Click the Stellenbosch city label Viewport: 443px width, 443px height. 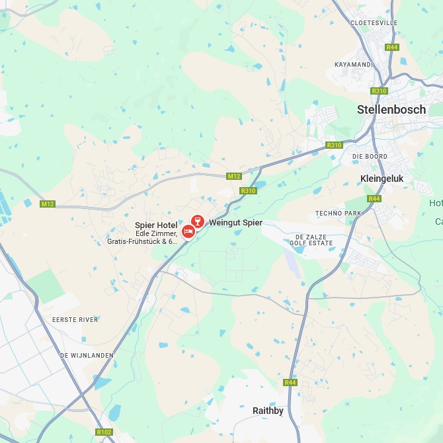click(391, 110)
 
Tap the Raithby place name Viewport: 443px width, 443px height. click(268, 411)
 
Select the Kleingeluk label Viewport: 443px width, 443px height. click(386, 179)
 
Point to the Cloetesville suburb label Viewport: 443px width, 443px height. click(374, 22)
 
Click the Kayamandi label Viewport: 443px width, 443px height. click(354, 64)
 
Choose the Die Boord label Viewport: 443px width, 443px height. click(370, 157)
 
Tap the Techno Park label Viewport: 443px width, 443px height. click(339, 213)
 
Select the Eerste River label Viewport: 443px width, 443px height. click(75, 319)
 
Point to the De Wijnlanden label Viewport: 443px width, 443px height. click(87, 355)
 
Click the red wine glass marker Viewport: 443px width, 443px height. click(197, 221)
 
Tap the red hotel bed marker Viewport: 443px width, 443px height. click(188, 231)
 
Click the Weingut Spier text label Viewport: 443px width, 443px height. click(235, 223)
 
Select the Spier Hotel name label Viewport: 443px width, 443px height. click(156, 225)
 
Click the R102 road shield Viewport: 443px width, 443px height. click(104, 432)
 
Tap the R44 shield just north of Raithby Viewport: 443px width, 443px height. click(290, 382)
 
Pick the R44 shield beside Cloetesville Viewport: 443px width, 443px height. click(393, 47)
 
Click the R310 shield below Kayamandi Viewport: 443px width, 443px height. click(379, 91)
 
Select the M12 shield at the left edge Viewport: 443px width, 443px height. click(47, 204)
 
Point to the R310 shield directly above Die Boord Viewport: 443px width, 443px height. click(334, 145)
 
